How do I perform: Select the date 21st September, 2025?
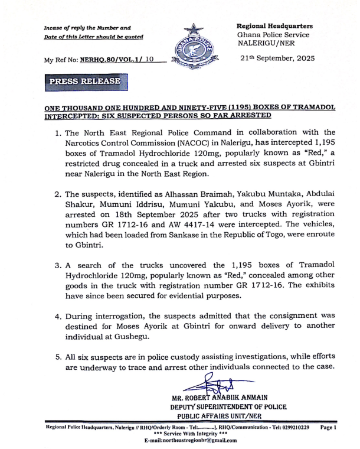point(277,59)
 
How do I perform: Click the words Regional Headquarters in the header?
point(274,26)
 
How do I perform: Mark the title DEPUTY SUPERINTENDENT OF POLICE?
point(228,407)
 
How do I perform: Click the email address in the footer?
point(190,440)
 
